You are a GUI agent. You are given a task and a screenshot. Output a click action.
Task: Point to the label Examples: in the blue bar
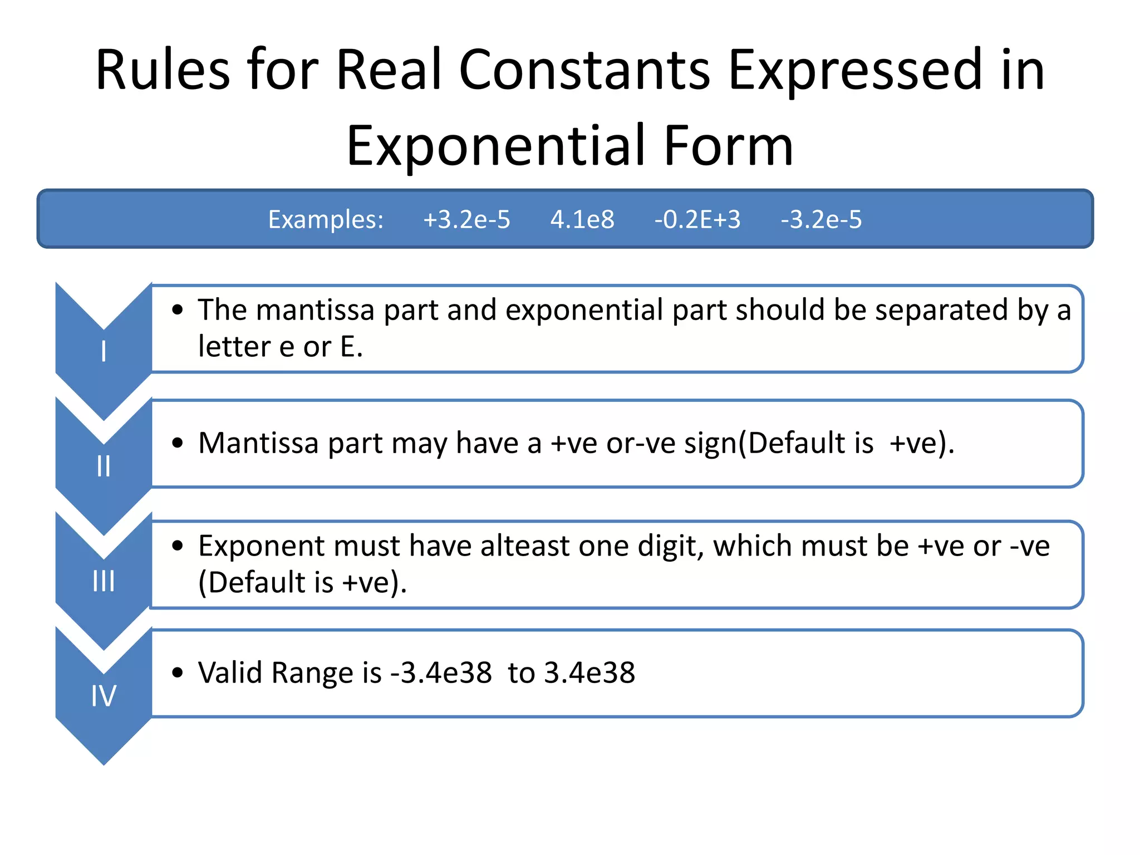click(326, 220)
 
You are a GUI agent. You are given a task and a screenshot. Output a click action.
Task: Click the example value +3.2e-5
click(466, 220)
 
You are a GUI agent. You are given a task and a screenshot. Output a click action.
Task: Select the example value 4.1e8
click(582, 220)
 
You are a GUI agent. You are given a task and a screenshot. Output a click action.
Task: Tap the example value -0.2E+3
click(697, 220)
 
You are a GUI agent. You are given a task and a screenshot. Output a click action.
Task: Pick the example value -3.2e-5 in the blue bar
click(821, 220)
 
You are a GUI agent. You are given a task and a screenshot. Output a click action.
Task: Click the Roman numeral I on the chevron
click(104, 352)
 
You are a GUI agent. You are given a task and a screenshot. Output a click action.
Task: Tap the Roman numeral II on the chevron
click(104, 466)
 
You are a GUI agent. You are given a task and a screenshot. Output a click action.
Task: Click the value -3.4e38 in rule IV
click(441, 673)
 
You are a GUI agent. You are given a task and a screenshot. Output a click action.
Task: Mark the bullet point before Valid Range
click(178, 673)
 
